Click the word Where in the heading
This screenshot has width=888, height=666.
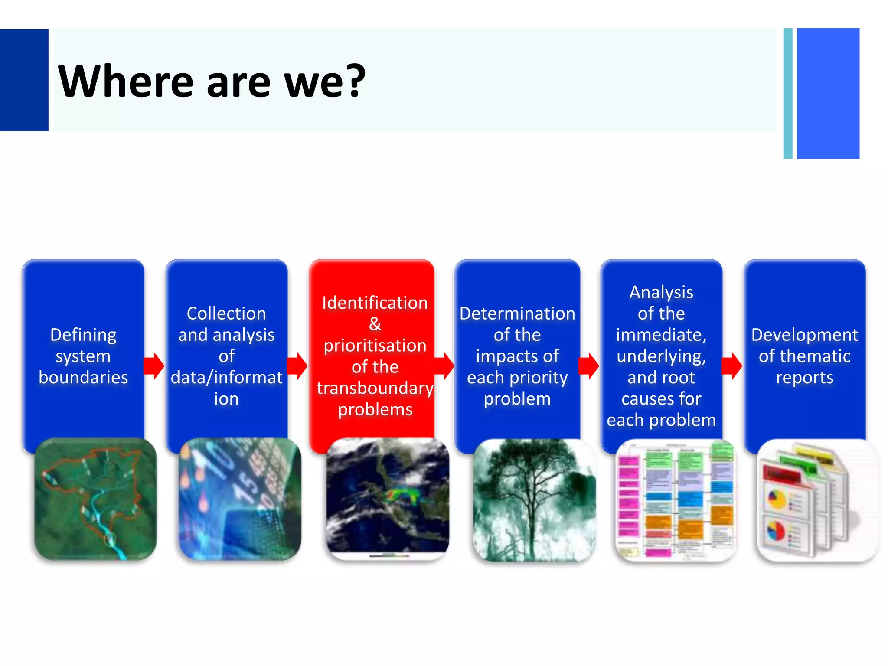[x=126, y=82]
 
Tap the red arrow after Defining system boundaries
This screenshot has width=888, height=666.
[x=154, y=366]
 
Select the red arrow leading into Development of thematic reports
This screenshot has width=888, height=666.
[x=732, y=366]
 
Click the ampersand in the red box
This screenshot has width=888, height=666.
[x=375, y=324]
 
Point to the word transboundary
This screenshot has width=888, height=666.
[x=375, y=388]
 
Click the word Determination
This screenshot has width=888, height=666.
[x=517, y=313]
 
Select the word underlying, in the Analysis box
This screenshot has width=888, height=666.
[x=661, y=356]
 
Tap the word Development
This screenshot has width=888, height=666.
[x=804, y=335]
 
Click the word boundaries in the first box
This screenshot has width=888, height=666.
[x=83, y=377]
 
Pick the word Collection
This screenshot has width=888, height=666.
[x=226, y=313]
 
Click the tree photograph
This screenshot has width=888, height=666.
[x=534, y=499]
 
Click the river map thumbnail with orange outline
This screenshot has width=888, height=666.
[x=95, y=499]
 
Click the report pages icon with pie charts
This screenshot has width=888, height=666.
[x=817, y=499]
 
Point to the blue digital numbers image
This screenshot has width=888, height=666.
[x=240, y=499]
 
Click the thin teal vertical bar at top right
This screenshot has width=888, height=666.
[x=787, y=93]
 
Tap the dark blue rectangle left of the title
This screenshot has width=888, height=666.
[x=24, y=80]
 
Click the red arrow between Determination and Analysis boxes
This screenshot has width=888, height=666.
[x=589, y=366]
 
